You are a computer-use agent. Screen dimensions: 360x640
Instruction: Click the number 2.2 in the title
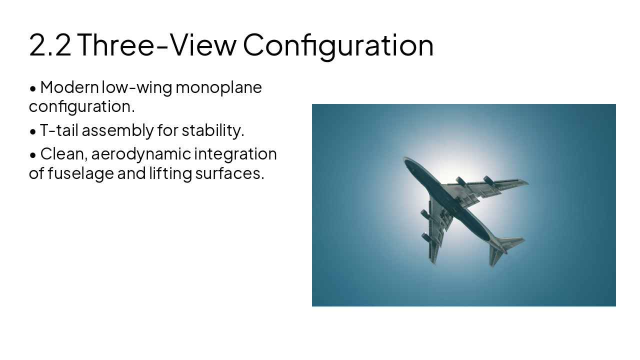pyautogui.click(x=50, y=44)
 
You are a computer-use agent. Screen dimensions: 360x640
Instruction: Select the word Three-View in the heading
pyautogui.click(x=156, y=44)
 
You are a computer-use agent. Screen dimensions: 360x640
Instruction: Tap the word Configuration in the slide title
pyautogui.click(x=338, y=44)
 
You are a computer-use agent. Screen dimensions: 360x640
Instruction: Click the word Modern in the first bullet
pyautogui.click(x=69, y=87)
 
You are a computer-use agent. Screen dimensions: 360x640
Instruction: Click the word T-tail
pyautogui.click(x=59, y=130)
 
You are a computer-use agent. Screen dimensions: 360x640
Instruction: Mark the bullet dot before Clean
pyautogui.click(x=33, y=155)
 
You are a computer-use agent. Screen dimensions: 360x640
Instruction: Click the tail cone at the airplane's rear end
pyautogui.click(x=504, y=249)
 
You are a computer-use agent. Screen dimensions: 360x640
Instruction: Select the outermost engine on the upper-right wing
pyautogui.click(x=488, y=180)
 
